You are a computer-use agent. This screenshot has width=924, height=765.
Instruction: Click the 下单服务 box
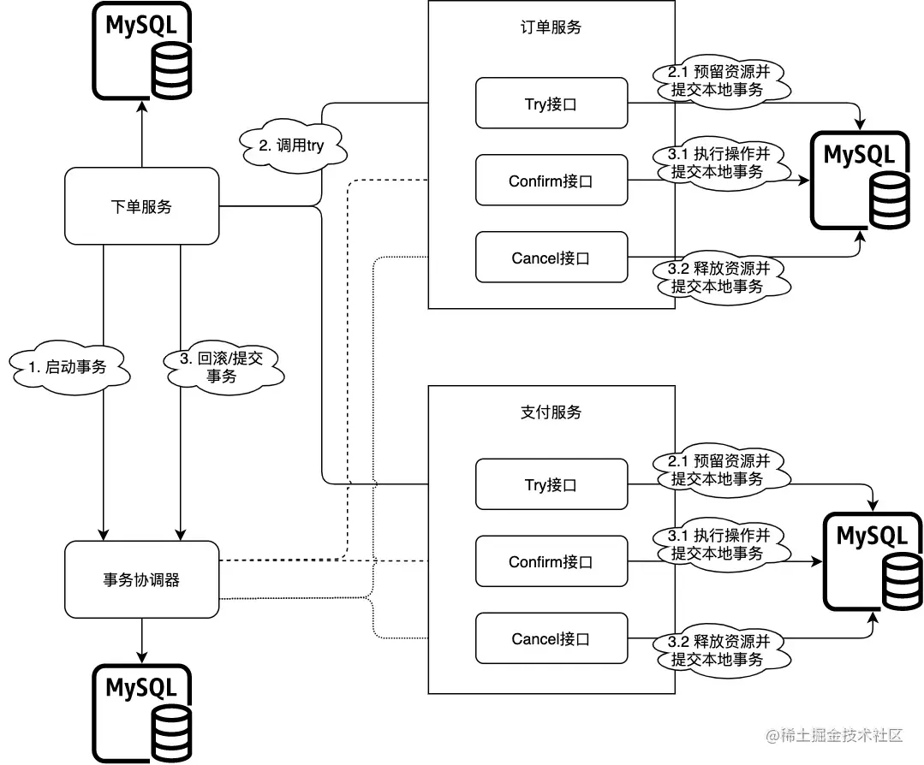141,205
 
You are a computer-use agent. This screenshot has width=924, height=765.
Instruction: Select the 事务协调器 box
141,579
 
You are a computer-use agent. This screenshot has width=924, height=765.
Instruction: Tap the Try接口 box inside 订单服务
551,104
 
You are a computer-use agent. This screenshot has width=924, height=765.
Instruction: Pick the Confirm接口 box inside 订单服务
551,181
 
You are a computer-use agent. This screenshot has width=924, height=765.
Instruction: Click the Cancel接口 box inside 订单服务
551,258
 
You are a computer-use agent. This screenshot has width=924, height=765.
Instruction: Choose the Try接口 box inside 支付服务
551,485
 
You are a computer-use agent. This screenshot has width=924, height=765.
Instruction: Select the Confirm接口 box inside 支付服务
551,562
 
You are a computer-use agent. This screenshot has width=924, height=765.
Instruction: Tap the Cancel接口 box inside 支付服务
551,639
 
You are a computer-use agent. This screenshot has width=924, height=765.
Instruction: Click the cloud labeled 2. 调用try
291,145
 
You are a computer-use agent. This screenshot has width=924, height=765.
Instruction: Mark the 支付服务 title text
551,412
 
